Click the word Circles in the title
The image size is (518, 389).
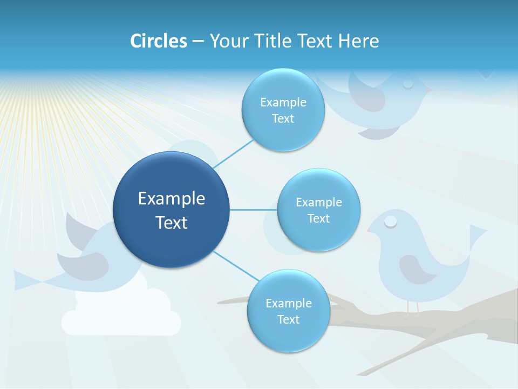158,41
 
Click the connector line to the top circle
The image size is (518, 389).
233,154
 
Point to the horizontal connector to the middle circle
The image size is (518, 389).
254,210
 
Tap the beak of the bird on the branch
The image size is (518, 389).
370,231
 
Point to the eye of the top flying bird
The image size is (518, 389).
408,84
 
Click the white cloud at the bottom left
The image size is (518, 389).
121,316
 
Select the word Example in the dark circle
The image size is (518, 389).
172,199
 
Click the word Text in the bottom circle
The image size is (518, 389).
288,319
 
